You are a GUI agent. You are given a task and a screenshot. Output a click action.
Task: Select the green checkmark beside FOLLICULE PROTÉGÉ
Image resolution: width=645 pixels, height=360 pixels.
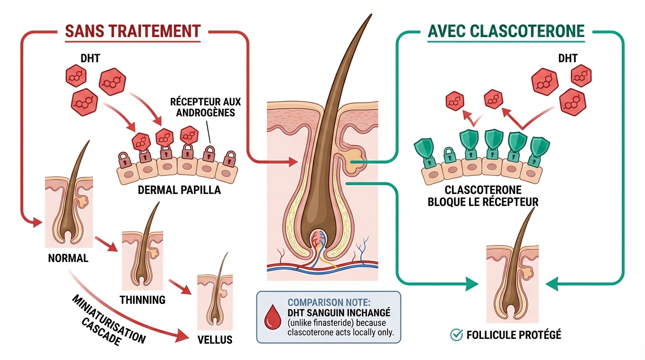coord(456,335)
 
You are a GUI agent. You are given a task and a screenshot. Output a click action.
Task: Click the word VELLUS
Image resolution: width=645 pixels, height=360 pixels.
coord(215,339)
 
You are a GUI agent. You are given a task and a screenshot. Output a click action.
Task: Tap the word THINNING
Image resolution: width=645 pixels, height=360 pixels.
coord(143,300)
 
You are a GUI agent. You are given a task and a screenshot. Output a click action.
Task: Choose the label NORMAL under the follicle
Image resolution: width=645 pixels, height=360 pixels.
coord(68,258)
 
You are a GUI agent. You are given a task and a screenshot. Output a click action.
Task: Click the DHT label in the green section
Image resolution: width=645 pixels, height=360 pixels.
coord(568,59)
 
